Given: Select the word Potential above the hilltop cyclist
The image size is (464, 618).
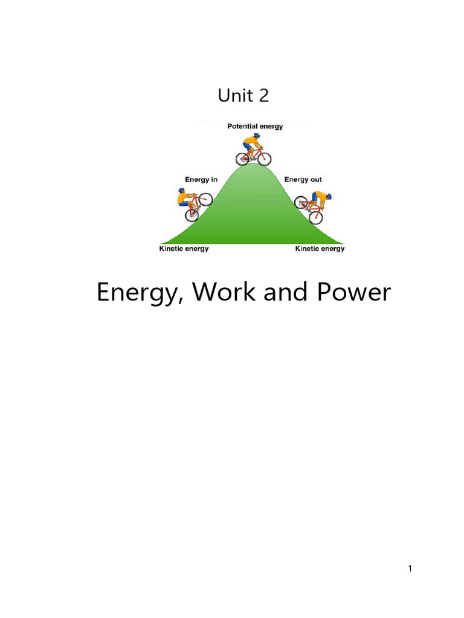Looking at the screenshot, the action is coord(242,127).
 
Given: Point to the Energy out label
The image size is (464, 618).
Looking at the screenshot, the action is coord(303,179).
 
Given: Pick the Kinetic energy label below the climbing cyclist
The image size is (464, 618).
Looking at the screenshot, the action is coord(184,249).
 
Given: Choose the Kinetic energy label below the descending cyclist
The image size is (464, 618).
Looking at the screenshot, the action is coord(320,249).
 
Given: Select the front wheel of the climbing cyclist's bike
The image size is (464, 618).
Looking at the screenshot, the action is coord(206,199).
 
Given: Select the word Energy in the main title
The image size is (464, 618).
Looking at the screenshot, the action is coord(138,294).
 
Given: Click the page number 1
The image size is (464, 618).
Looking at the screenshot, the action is coord(410,568).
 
